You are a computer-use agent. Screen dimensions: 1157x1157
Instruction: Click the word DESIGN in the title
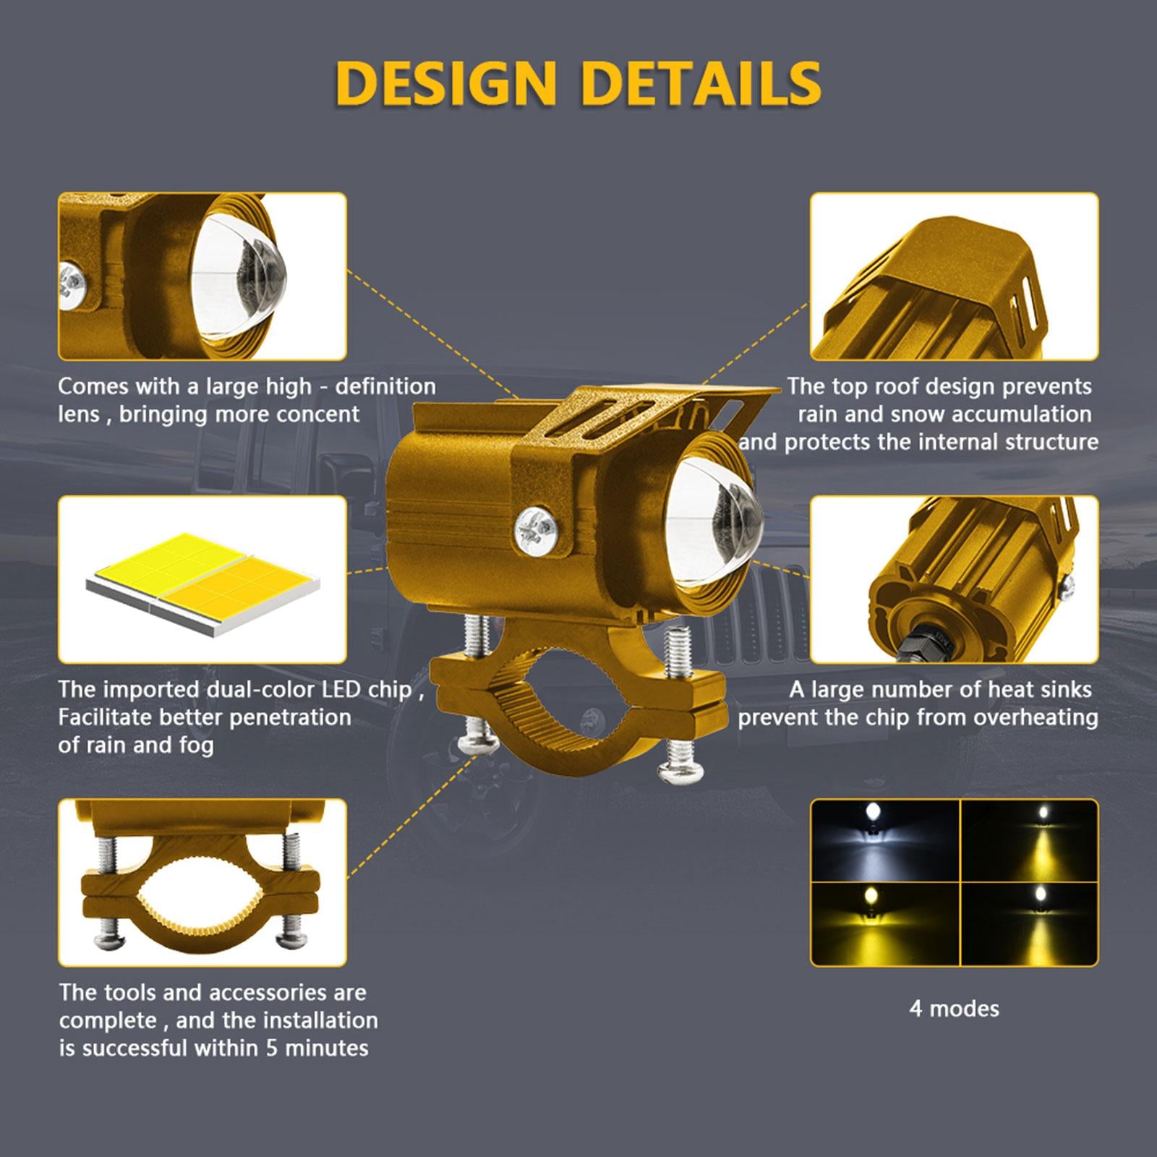(446, 83)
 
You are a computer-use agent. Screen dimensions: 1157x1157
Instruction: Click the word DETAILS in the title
(701, 83)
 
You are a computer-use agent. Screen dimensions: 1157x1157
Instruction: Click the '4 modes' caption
(954, 1008)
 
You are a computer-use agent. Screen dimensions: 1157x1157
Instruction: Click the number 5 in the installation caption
(271, 1048)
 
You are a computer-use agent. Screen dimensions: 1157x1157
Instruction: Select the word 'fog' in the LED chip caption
(195, 746)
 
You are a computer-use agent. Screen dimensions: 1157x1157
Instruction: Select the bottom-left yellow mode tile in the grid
(885, 923)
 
